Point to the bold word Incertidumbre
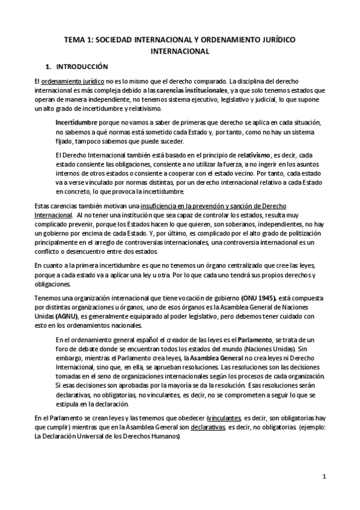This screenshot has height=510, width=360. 76,123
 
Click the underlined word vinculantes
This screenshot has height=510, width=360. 222,417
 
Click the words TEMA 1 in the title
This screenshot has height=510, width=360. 78,40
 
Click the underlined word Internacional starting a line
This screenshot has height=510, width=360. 53,215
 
